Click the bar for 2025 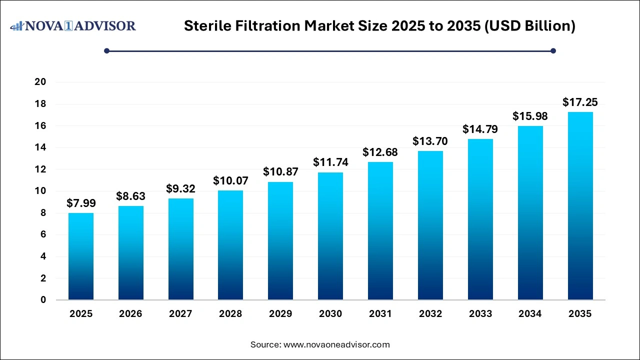[80, 256]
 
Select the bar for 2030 [330, 236]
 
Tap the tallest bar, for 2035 [580, 206]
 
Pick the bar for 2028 [230, 245]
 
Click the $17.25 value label [580, 102]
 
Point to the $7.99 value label [80, 203]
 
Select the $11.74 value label [330, 162]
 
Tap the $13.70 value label [430, 141]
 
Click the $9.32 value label [180, 189]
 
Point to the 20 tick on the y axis [40, 82]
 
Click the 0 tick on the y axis [44, 300]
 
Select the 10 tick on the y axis [40, 191]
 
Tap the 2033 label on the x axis [480, 314]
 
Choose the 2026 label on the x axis [130, 314]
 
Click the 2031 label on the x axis [380, 314]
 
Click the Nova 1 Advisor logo [73, 25]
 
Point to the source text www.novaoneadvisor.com [336, 344]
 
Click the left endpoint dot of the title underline [106, 50]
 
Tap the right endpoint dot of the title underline [553, 50]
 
